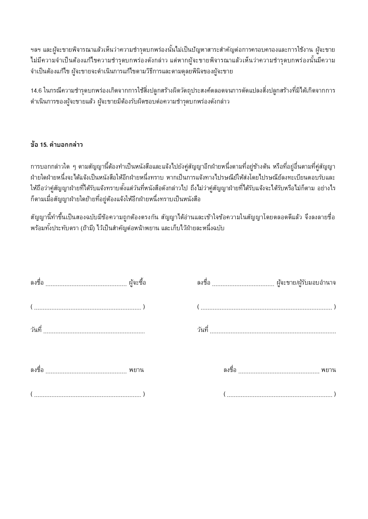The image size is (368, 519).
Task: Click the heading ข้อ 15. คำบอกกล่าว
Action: click(x=56, y=145)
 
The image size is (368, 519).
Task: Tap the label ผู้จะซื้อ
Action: click(x=137, y=283)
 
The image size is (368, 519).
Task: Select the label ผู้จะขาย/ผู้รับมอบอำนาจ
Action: click(x=306, y=283)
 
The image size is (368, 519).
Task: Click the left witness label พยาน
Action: click(x=136, y=370)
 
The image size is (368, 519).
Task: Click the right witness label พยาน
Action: click(x=328, y=370)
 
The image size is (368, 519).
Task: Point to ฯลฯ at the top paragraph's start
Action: click(x=36, y=50)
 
